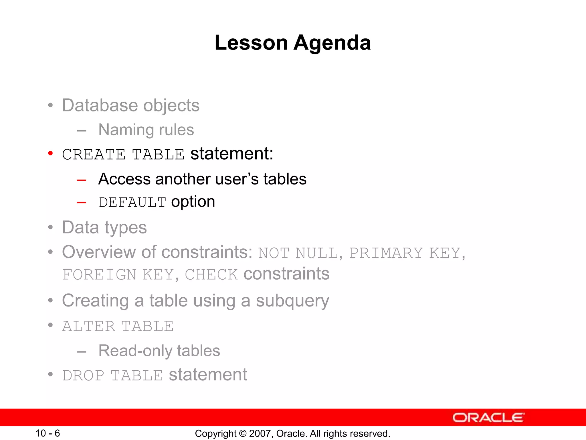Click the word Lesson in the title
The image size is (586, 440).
coord(251,43)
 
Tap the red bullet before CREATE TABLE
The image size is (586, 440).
coord(51,154)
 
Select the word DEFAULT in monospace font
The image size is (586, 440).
coord(132,203)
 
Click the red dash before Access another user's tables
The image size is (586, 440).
coord(82,180)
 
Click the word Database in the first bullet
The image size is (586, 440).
coord(100,105)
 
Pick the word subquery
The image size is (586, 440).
coord(292,301)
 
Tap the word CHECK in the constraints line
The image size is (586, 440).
coord(211,275)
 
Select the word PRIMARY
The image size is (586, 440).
coord(386,253)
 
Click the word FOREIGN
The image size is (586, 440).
coord(99,275)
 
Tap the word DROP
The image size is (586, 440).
coord(83,376)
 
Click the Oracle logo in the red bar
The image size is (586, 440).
coord(488,418)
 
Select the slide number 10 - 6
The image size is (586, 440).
coord(47,433)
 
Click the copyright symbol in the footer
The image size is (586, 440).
coord(243,433)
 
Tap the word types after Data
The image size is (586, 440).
coord(126,228)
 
